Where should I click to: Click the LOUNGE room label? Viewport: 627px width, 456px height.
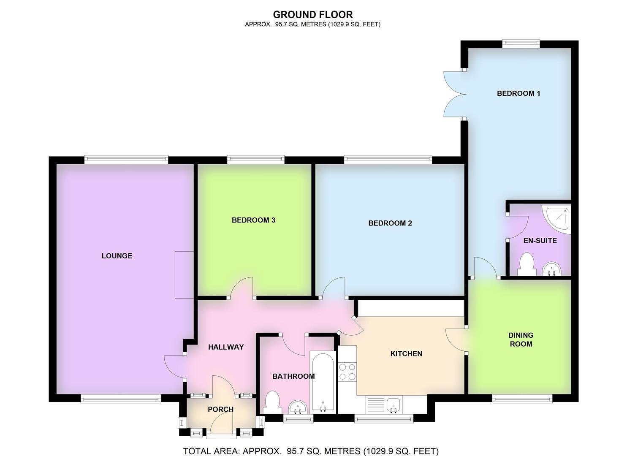pyautogui.click(x=117, y=256)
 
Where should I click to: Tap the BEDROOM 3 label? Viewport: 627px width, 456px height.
pyautogui.click(x=253, y=220)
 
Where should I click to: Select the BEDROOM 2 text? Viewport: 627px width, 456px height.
pyautogui.click(x=390, y=223)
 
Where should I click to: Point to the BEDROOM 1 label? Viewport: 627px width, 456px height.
pyautogui.click(x=518, y=93)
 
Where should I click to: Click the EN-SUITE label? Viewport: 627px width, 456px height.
pyautogui.click(x=540, y=241)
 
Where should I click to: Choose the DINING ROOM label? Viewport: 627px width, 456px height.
pyautogui.click(x=521, y=339)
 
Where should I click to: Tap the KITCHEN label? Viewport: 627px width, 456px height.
pyautogui.click(x=406, y=354)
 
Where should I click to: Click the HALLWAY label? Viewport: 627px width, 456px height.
pyautogui.click(x=226, y=347)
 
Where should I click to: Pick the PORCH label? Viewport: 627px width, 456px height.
pyautogui.click(x=220, y=409)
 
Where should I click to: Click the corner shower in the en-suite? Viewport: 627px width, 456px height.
pyautogui.click(x=558, y=218)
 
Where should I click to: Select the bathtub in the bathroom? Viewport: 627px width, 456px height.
pyautogui.click(x=323, y=382)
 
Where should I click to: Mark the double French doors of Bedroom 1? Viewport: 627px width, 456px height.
pyautogui.click(x=454, y=94)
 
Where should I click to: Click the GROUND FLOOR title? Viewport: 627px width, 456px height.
pyautogui.click(x=312, y=15)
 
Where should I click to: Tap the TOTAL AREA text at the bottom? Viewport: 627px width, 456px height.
pyautogui.click(x=310, y=451)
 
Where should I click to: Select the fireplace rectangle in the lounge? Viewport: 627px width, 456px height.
pyautogui.click(x=184, y=275)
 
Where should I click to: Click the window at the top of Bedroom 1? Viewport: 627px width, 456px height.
pyautogui.click(x=521, y=43)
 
